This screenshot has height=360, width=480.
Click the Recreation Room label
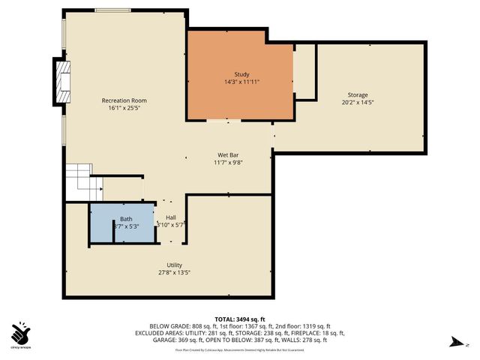(x=124, y=100)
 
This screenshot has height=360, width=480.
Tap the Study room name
(x=241, y=74)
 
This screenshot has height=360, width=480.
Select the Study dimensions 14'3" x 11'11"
(x=241, y=82)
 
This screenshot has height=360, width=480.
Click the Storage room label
(x=358, y=95)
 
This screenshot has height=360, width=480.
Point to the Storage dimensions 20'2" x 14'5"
(x=358, y=103)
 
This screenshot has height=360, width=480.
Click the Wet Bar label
(x=228, y=154)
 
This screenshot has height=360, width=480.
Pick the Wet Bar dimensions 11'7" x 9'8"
(x=228, y=162)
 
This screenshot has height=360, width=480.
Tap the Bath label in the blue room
(x=126, y=219)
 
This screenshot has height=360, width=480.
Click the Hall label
(x=171, y=217)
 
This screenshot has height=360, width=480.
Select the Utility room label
(x=174, y=265)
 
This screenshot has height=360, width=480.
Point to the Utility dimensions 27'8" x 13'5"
(x=174, y=273)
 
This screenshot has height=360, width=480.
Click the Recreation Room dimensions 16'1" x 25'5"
(x=124, y=108)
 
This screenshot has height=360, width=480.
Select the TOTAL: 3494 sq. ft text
(x=239, y=319)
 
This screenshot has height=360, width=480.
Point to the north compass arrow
(x=453, y=343)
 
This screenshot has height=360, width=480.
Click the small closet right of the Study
(x=304, y=72)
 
